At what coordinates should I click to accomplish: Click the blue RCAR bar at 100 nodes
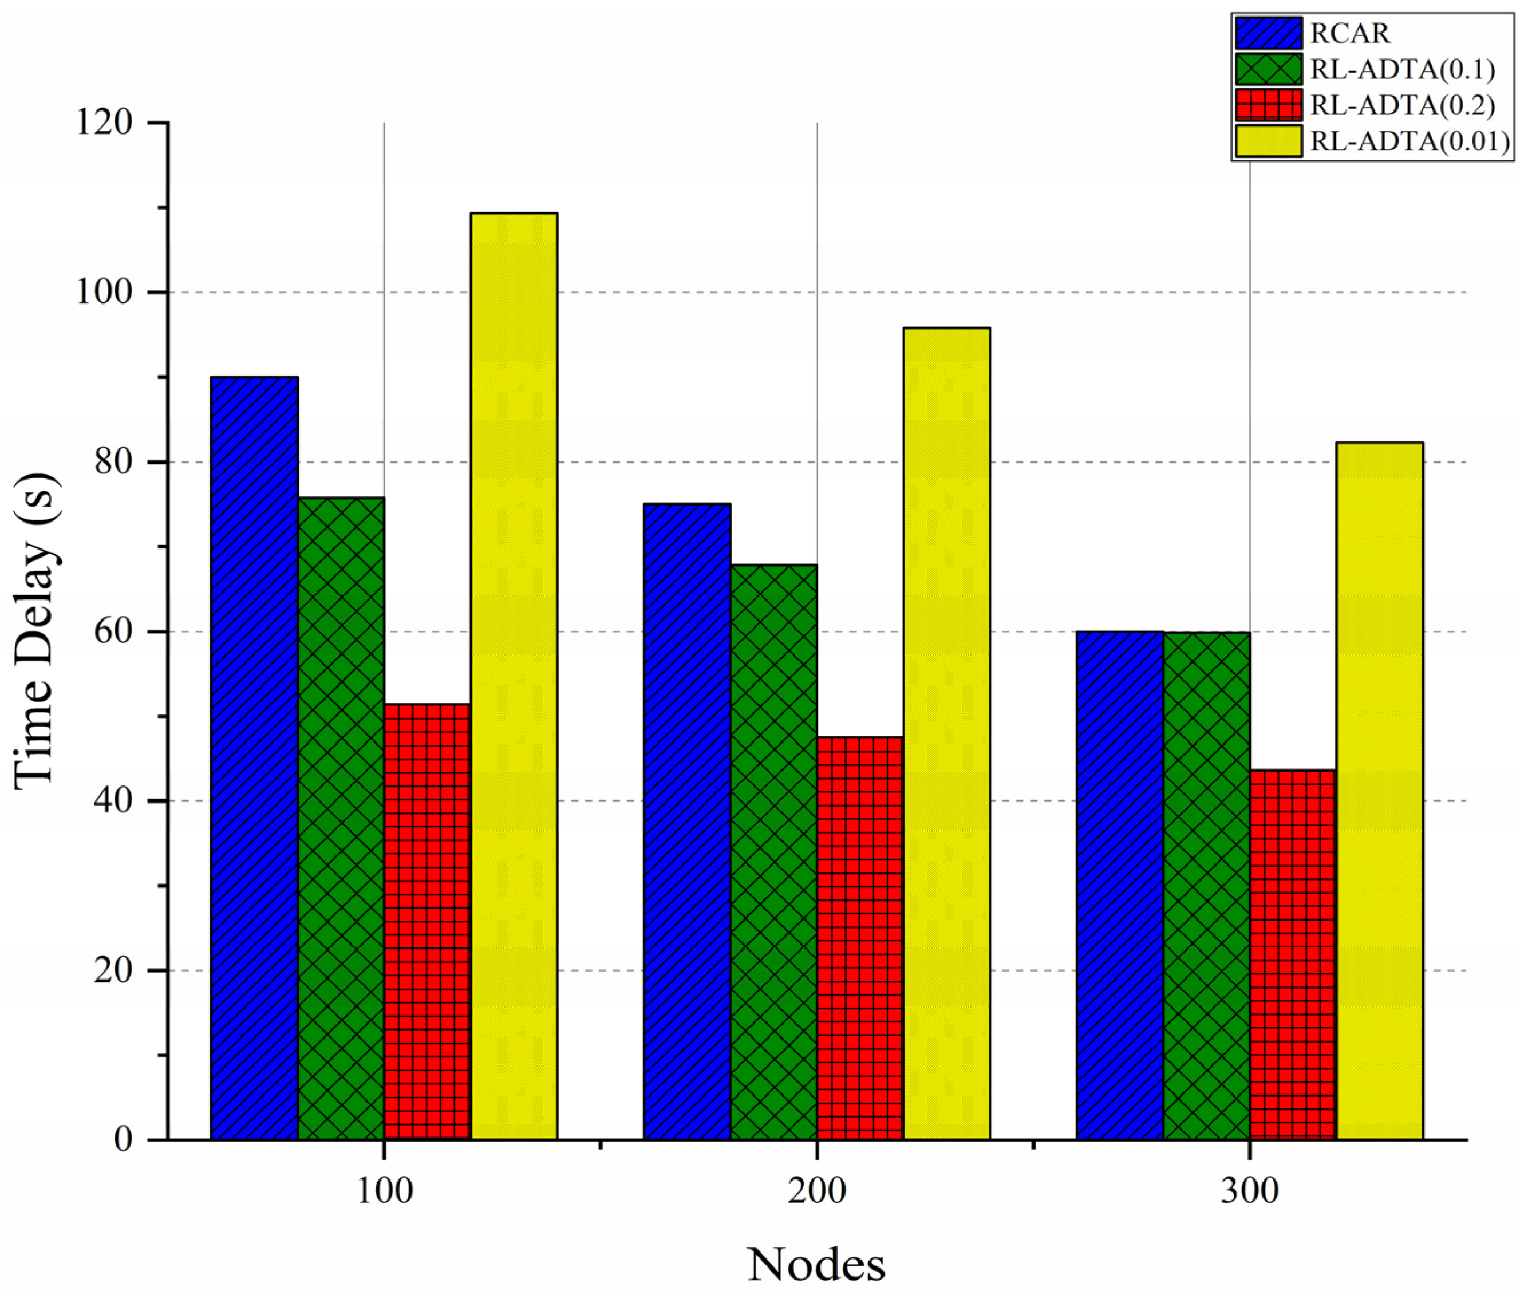[x=254, y=757]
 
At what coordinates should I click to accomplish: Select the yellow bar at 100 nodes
[x=514, y=676]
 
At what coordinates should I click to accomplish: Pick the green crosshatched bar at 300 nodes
[x=1206, y=886]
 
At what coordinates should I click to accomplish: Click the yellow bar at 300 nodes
[x=1379, y=791]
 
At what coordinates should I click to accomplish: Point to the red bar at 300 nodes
[x=1292, y=954]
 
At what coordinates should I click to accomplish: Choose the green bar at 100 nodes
[x=341, y=818]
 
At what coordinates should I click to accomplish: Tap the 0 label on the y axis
[x=123, y=1139]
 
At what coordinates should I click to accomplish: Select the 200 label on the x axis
[x=816, y=1191]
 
